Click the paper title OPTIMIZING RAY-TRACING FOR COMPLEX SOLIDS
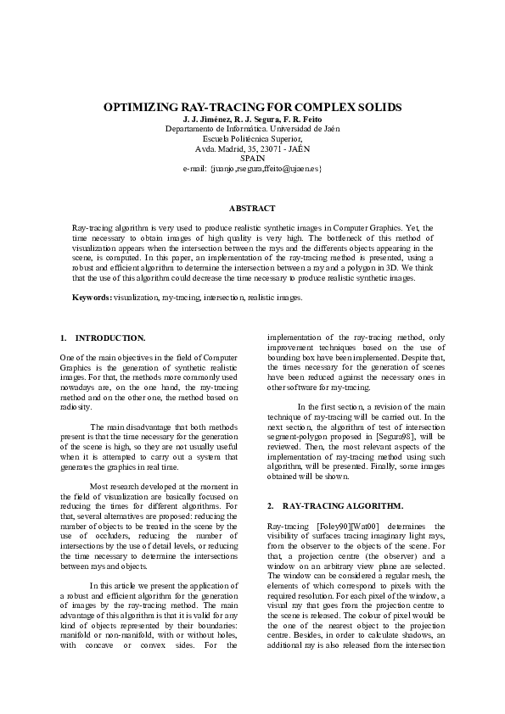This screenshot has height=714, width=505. [252, 109]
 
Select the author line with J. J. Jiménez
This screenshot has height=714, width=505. [252, 120]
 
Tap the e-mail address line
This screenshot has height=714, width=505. [252, 169]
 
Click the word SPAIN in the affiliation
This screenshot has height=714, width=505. [252, 159]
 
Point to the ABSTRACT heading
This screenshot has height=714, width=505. [252, 208]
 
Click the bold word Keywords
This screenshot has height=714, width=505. [92, 298]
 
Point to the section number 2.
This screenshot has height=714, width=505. [270, 505]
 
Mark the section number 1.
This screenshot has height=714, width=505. [64, 338]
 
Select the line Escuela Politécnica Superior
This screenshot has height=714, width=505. [252, 138]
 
